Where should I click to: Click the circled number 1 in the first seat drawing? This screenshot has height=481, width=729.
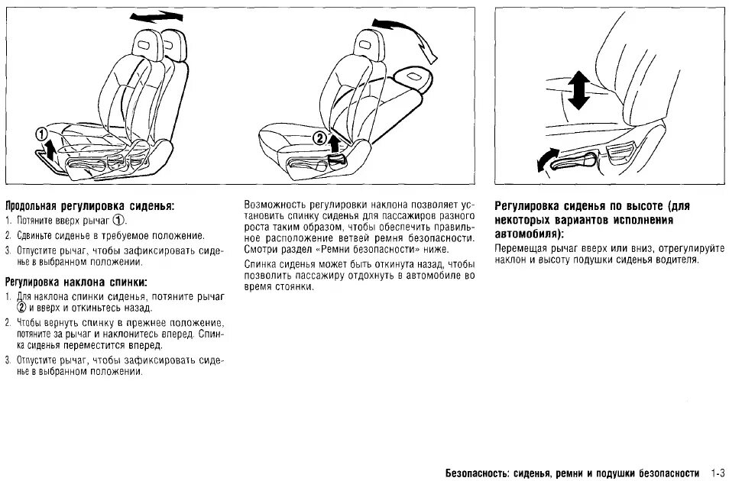41,135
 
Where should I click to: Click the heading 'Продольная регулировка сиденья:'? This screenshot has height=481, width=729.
89,207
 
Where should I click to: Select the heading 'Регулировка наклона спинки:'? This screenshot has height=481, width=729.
76,281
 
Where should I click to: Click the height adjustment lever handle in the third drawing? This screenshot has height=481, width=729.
588,160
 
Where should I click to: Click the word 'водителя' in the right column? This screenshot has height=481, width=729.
676,260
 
